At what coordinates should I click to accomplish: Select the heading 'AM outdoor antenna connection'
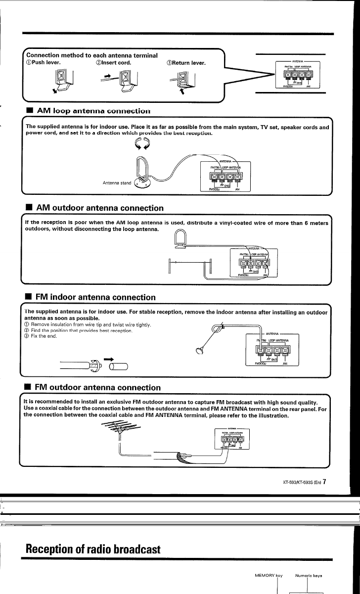click(x=99, y=208)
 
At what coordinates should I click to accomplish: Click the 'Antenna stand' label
click(x=117, y=183)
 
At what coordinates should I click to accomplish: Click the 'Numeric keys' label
click(x=309, y=575)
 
